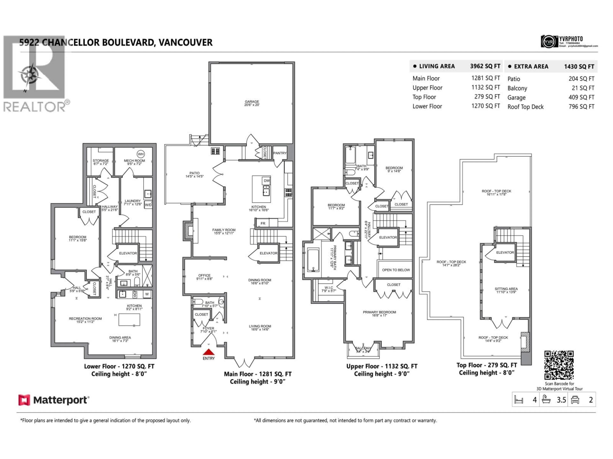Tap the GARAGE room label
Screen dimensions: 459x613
point(252,102)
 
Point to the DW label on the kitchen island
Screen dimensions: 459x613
point(266,181)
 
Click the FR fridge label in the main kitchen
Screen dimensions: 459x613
point(263,223)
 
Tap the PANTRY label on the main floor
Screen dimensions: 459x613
point(280,153)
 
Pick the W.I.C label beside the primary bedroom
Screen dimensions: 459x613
point(329,288)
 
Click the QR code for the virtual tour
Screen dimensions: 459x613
point(559,365)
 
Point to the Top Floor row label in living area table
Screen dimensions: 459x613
point(424,97)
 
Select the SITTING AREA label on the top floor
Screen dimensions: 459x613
point(506,289)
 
